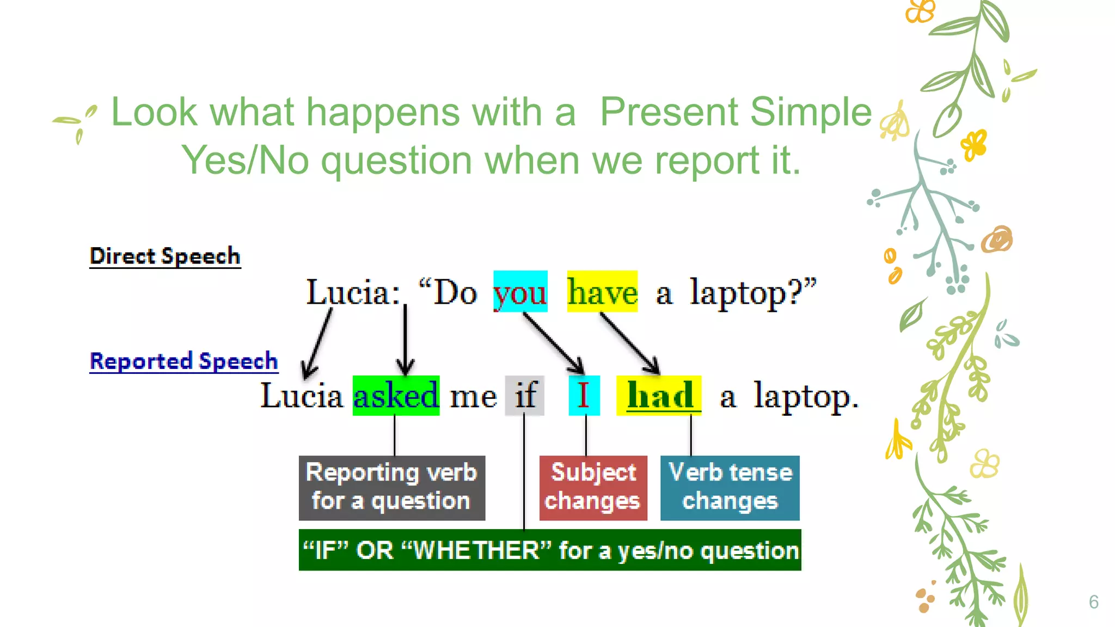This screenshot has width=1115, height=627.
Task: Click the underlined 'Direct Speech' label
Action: pyautogui.click(x=165, y=256)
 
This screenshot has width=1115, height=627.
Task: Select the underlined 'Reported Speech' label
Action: pyautogui.click(x=183, y=361)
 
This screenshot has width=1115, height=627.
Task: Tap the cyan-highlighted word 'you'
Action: pyautogui.click(x=520, y=292)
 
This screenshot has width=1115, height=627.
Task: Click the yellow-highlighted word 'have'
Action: pyautogui.click(x=602, y=292)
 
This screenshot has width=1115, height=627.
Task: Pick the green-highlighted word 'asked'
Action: pyautogui.click(x=396, y=396)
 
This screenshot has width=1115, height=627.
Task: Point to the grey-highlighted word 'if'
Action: pyautogui.click(x=525, y=396)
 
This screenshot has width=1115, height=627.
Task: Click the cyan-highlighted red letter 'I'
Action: pyautogui.click(x=584, y=396)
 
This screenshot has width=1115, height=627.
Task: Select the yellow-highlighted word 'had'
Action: pyautogui.click(x=659, y=396)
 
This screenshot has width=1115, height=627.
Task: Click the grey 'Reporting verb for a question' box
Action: pyautogui.click(x=391, y=488)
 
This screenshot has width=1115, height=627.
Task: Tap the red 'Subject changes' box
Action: pyautogui.click(x=593, y=488)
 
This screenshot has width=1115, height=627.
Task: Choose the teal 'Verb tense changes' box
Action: pyautogui.click(x=730, y=488)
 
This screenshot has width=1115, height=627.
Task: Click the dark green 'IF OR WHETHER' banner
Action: pyautogui.click(x=550, y=550)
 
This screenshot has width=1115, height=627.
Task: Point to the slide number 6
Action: pyautogui.click(x=1093, y=602)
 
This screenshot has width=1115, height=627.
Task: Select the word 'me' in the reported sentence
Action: pyautogui.click(x=473, y=397)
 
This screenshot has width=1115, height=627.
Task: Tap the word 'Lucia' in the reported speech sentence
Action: pyautogui.click(x=302, y=396)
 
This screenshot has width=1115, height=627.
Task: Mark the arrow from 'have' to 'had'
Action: pyautogui.click(x=629, y=343)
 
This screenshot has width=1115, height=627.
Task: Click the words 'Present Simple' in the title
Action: pyautogui.click(x=736, y=112)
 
